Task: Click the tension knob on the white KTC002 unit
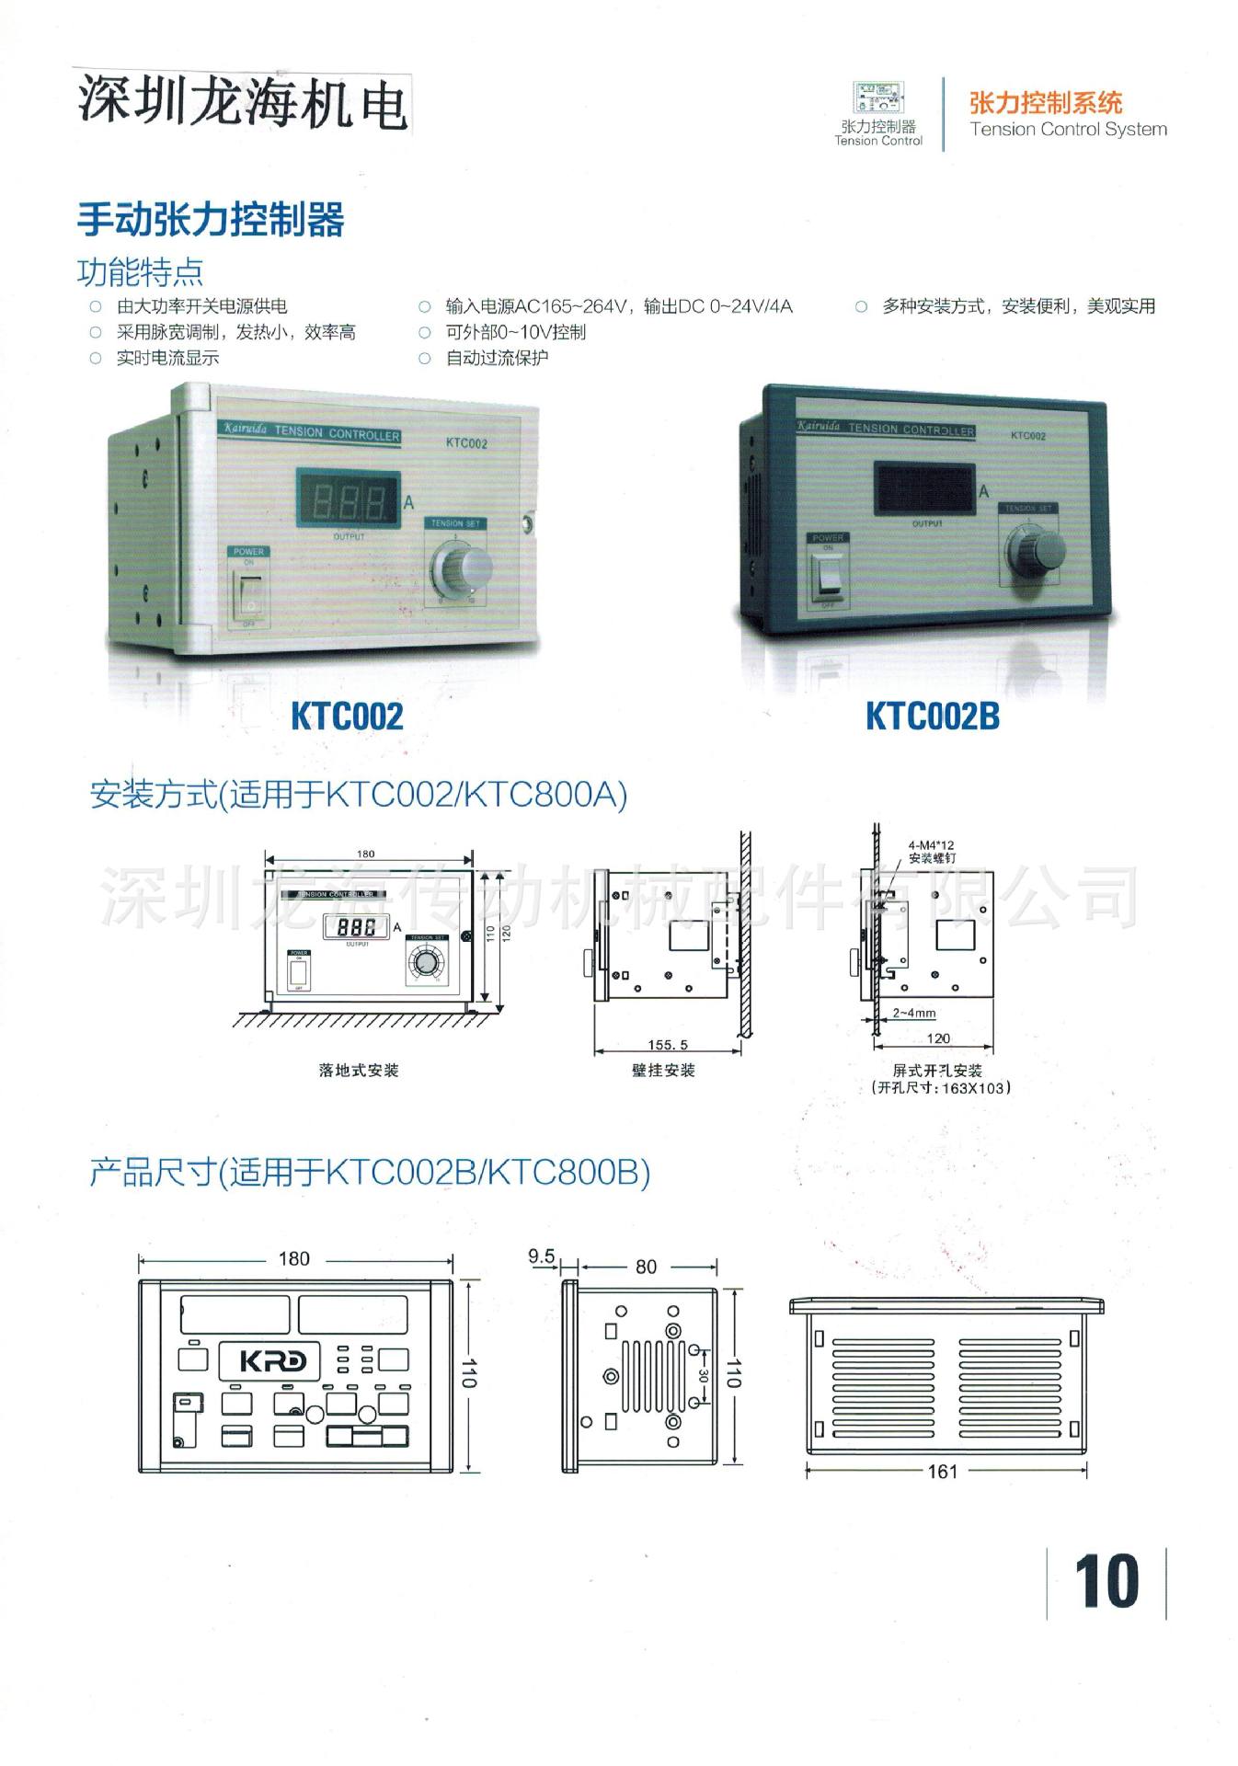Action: point(467,571)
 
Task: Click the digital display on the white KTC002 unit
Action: point(348,500)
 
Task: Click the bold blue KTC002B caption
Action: point(932,717)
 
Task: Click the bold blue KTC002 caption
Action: point(347,717)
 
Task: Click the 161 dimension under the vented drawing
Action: point(943,1471)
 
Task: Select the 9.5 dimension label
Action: point(542,1256)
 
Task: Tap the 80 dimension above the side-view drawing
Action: point(647,1267)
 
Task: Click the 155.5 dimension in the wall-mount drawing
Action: point(668,1045)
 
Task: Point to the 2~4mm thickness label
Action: point(914,1013)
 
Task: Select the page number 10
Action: point(1106,1582)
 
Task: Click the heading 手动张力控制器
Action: point(211,220)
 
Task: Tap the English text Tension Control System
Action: point(1068,130)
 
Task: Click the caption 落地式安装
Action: point(359,1071)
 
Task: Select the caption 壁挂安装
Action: point(663,1071)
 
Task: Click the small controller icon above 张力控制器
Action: point(878,98)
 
